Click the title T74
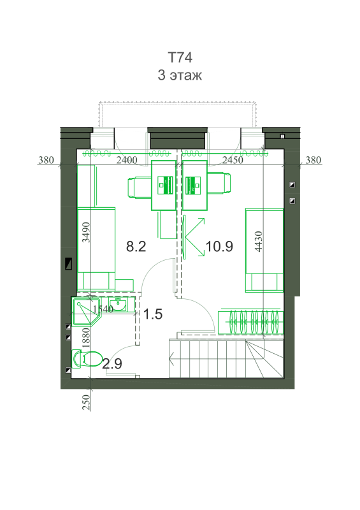pos(180,57)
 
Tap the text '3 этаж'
pos(180,75)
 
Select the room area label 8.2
pos(136,247)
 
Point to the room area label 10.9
pos(219,247)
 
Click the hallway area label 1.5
pos(152,314)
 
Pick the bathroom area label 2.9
pos(112,363)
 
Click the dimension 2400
pos(127,160)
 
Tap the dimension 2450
pos(233,160)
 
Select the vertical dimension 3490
pos(86,232)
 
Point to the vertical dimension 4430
pos(258,242)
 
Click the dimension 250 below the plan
pos(86,402)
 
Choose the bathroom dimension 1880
pos(85,339)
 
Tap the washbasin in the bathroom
pos(119,305)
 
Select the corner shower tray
pos(86,311)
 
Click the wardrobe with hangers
pos(250,322)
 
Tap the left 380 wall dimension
pos(46,160)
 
